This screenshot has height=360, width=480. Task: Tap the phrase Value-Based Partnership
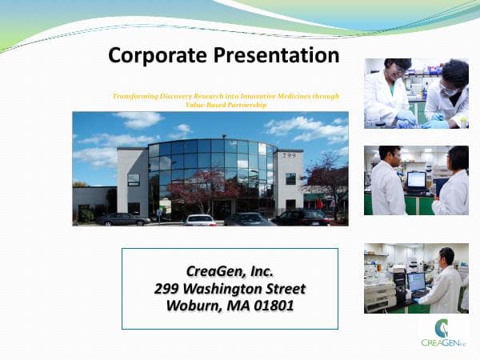(x=231, y=105)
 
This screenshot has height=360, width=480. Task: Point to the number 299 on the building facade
(x=289, y=155)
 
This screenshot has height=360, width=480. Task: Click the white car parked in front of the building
(x=200, y=219)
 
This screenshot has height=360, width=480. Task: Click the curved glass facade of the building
(x=212, y=168)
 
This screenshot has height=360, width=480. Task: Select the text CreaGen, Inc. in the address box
(x=230, y=271)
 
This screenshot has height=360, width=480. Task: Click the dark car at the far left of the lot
(x=122, y=218)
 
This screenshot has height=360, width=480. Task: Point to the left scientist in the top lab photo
(x=388, y=94)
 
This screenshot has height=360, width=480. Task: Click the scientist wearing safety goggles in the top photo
(x=448, y=92)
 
